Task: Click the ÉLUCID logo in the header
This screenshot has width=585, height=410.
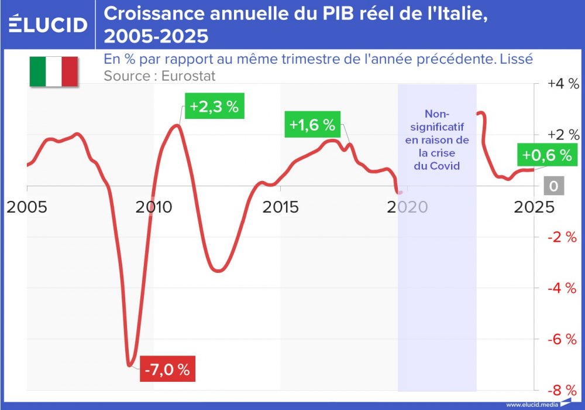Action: point(48,24)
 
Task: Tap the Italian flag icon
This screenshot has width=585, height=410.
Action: point(54,71)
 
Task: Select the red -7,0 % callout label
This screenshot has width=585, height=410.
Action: point(167,370)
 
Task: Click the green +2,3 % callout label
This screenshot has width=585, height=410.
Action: point(214,107)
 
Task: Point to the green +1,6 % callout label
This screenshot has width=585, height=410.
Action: point(312,125)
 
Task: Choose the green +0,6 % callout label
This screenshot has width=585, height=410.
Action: point(546,155)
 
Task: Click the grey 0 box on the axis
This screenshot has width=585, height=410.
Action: point(553,186)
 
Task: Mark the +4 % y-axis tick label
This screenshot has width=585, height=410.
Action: point(562,84)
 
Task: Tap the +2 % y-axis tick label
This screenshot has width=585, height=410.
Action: point(562,135)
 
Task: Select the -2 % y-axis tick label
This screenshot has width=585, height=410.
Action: point(562,237)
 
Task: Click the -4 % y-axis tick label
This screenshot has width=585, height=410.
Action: point(562,288)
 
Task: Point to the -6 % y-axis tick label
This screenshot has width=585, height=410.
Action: point(562,340)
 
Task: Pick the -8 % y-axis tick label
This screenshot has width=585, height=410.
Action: point(562,390)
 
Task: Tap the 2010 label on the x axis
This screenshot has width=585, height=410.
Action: point(154,207)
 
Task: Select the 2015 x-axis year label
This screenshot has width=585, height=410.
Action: point(280,207)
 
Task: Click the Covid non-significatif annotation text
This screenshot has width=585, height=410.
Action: point(438,139)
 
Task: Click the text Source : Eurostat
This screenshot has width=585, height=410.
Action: point(160,76)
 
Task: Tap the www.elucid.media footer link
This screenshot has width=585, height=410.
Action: point(532,404)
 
